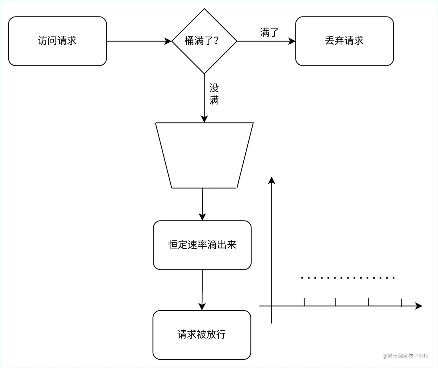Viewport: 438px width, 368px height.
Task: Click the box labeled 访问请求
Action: (57, 41)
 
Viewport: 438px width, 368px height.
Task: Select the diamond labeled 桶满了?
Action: (204, 41)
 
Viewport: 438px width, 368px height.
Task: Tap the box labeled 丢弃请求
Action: (344, 41)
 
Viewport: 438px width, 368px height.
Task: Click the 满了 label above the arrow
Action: (269, 32)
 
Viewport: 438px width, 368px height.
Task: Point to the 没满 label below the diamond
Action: (214, 94)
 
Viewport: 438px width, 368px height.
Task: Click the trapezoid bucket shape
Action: (204, 155)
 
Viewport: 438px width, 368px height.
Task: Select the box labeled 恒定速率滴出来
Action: (202, 245)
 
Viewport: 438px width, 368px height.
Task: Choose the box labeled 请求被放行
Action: (202, 335)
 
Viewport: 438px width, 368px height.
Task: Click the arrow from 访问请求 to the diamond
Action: (139, 41)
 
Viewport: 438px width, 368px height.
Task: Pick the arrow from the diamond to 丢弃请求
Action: (266, 41)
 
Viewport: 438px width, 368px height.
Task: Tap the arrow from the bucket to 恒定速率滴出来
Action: (202, 204)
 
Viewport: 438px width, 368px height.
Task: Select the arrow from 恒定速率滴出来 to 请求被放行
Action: (202, 290)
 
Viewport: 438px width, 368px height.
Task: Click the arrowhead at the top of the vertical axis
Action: (271, 180)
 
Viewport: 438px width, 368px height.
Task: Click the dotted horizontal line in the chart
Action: (348, 278)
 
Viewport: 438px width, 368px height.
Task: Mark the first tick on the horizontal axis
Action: (304, 302)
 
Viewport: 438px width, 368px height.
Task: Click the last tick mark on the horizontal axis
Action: (401, 303)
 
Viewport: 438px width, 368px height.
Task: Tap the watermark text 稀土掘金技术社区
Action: (406, 356)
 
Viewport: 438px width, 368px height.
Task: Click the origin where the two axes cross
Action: (271, 306)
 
